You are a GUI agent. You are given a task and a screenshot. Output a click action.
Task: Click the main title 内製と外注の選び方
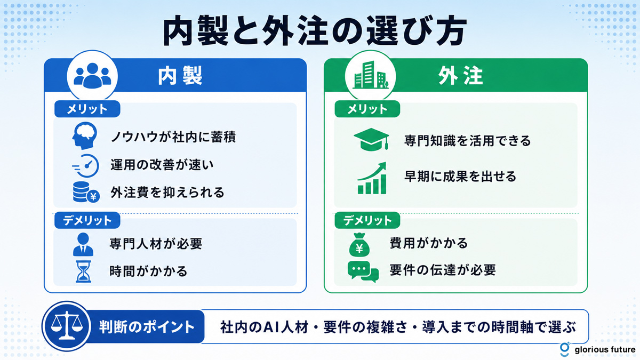point(315,31)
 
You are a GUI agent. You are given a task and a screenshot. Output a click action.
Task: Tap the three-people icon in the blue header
point(92,75)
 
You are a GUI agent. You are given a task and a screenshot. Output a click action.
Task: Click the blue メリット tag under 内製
point(87,109)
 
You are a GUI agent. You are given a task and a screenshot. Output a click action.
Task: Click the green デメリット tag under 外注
point(367,220)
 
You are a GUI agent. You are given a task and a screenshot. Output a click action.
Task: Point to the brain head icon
point(85,135)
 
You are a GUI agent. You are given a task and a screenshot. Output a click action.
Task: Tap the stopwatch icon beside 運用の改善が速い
point(85,166)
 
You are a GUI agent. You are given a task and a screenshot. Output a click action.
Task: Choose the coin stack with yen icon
point(86,192)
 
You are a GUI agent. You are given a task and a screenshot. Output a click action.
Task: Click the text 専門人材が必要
point(156,244)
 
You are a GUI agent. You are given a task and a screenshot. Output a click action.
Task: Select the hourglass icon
point(83,271)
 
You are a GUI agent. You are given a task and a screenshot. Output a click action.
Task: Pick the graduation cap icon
point(371,139)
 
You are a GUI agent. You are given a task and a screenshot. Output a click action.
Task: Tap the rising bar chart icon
point(372,178)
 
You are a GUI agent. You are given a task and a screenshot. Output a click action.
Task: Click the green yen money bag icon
point(359,245)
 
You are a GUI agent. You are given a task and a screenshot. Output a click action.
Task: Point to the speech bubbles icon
point(363,271)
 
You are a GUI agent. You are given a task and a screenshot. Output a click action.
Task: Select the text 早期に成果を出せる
point(460,177)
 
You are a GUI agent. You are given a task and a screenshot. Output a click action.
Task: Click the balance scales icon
point(67,326)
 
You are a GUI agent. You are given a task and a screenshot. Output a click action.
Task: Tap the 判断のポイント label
point(147,327)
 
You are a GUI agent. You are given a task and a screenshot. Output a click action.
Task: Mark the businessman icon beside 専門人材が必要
point(83,244)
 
